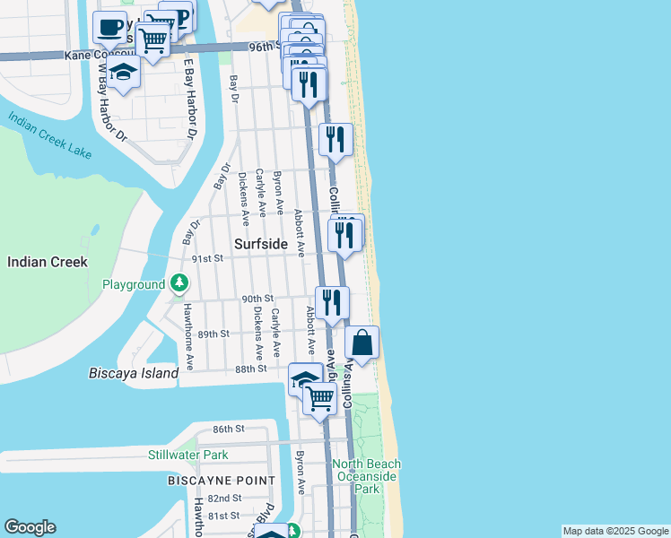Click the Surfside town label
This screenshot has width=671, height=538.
[260, 244]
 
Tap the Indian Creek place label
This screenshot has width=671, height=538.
[47, 262]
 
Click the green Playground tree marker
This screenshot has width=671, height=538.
[180, 284]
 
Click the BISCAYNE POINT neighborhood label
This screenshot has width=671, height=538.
[222, 481]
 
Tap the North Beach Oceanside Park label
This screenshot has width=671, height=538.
[366, 476]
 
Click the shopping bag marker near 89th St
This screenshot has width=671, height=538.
[362, 343]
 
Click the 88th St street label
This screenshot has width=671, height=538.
[251, 369]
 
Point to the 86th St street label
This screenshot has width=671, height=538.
[228, 430]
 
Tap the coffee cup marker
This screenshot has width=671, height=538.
[109, 29]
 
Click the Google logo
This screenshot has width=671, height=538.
[30, 527]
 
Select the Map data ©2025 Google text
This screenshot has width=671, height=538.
[615, 531]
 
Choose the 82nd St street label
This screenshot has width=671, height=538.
[224, 498]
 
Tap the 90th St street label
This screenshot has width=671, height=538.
[257, 299]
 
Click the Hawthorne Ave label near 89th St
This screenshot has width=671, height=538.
[189, 337]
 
